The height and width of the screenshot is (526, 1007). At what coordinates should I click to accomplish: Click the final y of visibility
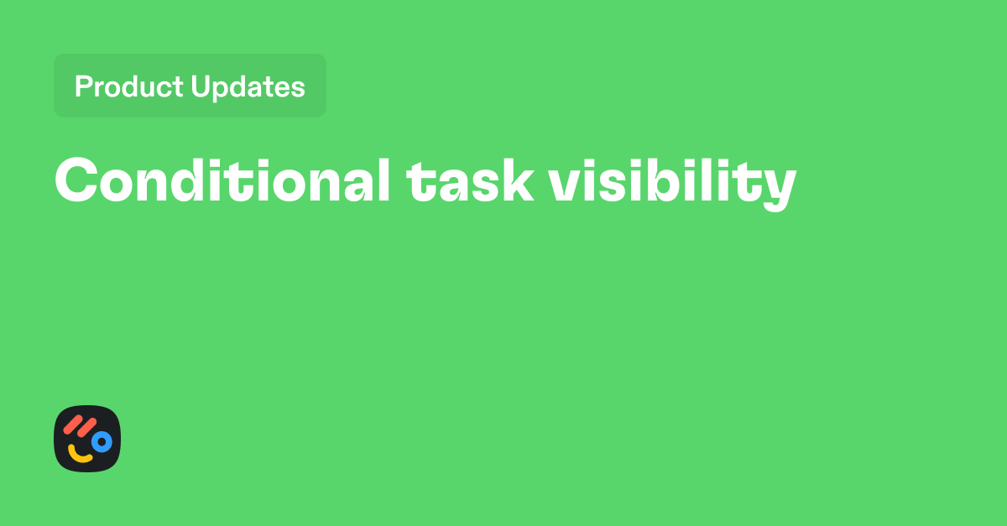(x=779, y=188)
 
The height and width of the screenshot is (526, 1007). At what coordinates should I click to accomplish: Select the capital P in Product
(x=83, y=86)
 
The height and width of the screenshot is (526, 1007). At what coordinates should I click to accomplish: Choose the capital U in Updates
(x=200, y=86)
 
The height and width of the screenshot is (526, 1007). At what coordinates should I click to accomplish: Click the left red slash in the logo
(x=74, y=424)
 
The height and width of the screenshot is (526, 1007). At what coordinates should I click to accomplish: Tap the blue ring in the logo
(x=102, y=440)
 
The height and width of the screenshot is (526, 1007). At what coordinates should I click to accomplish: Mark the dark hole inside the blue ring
(x=102, y=440)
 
